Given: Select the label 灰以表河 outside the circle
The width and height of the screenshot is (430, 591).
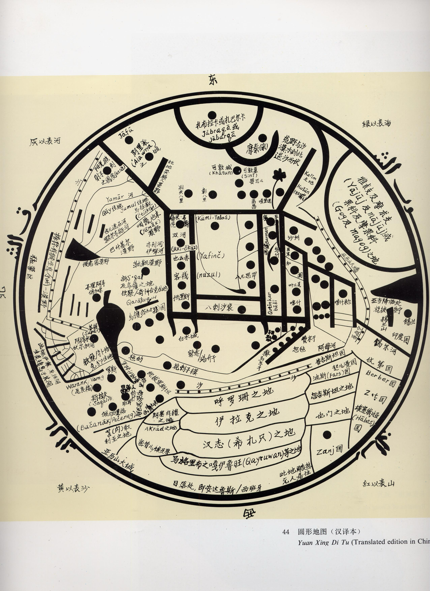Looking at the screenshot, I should (x=45, y=141).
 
